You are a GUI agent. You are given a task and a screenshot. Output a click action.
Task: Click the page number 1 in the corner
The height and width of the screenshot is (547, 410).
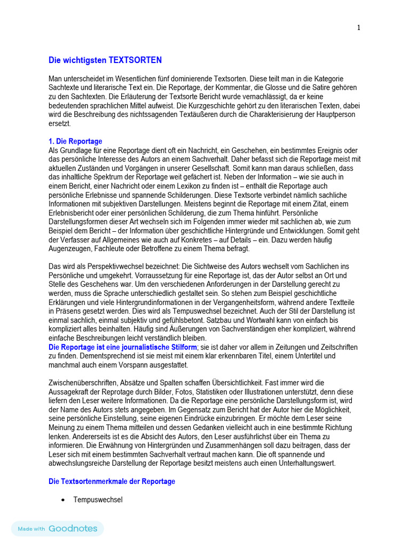point(359,28)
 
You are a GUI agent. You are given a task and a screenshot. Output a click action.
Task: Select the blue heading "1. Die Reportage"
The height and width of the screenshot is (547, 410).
point(75,141)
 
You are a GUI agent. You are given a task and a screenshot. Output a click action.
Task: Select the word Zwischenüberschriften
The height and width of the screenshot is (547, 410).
point(86,383)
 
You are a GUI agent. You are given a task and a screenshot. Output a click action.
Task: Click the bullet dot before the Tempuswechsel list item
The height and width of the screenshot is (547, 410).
point(63,500)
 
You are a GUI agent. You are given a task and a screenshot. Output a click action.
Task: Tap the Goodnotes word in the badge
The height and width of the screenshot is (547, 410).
point(73,528)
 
